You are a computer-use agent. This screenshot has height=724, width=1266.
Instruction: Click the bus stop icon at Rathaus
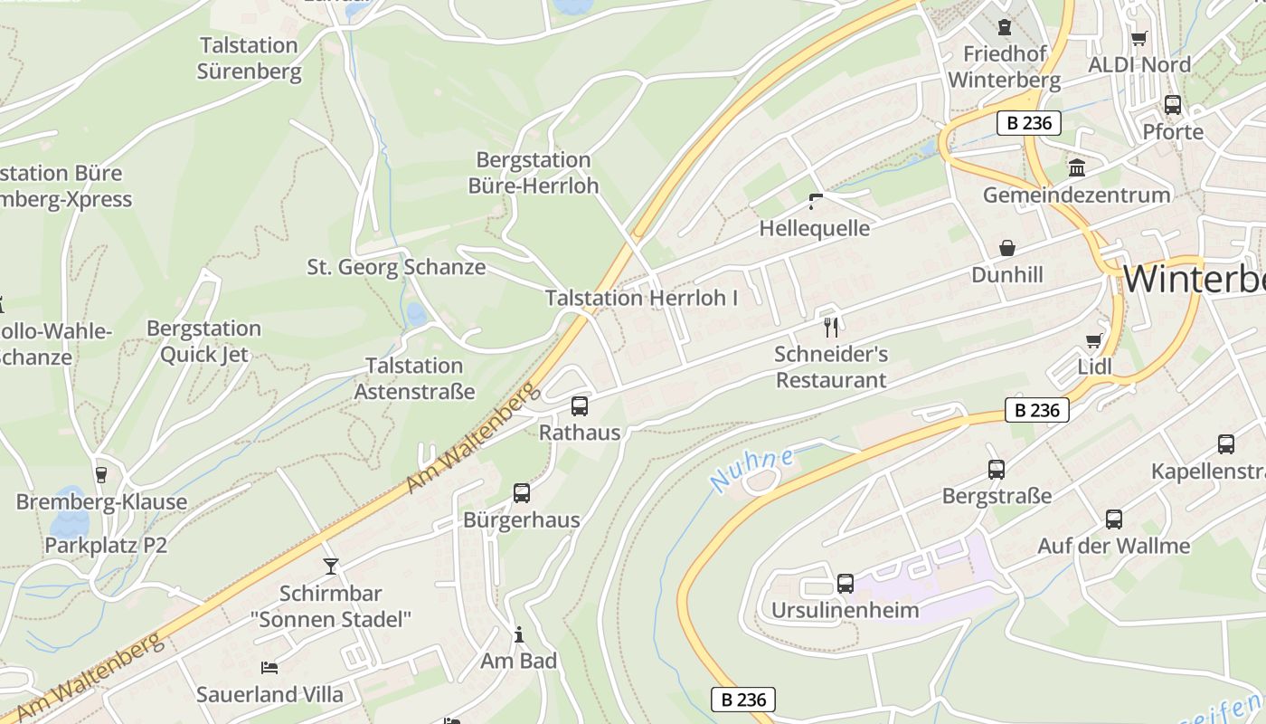580,405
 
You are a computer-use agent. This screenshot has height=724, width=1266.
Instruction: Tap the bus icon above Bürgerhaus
522,492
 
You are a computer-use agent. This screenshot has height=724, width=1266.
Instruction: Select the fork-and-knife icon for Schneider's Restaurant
831,327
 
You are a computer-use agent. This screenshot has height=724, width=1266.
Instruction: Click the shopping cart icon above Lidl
1094,340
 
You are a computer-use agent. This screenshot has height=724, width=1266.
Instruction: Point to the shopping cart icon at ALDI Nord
1138,38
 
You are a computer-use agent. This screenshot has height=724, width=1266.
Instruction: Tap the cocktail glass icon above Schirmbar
331,567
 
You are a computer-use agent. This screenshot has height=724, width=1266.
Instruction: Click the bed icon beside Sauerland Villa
269,668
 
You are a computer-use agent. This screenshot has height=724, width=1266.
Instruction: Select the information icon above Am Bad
519,634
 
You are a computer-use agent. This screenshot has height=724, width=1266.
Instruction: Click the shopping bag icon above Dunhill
1006,248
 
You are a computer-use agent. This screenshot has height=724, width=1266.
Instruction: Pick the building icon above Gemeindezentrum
1076,167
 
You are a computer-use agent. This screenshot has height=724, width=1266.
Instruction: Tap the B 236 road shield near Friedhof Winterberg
1029,123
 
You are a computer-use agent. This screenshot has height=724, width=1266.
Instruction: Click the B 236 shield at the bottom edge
743,700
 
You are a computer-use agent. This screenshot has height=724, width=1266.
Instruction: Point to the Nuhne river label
751,469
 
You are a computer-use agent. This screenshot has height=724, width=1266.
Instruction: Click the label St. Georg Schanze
396,267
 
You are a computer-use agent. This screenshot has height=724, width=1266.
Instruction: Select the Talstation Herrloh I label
641,298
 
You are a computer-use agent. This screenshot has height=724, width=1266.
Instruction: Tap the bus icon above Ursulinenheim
846,583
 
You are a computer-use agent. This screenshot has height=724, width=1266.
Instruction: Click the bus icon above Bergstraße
997,469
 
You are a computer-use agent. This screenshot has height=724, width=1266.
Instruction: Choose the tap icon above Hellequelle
815,201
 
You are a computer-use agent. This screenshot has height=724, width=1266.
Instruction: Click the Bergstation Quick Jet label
203,341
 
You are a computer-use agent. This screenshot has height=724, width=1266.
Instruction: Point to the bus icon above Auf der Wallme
1114,519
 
